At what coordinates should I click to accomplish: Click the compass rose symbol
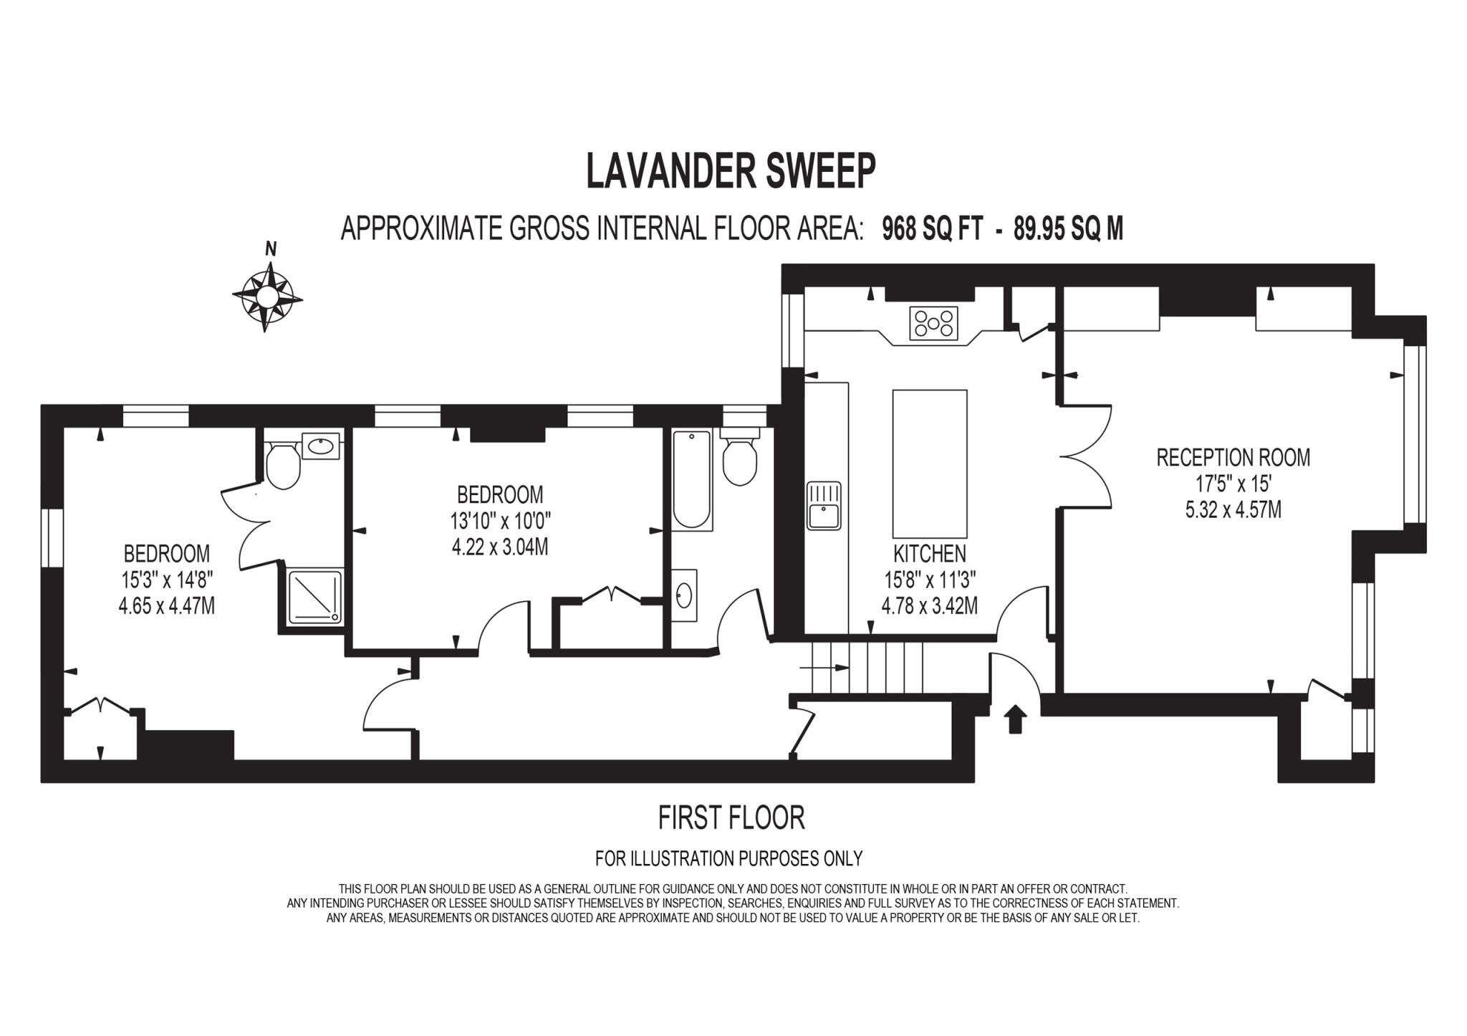coord(267,296)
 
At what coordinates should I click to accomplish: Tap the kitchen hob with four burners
coord(933,323)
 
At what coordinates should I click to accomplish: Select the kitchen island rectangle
coord(930,464)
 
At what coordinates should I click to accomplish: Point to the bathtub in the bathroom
coord(692,479)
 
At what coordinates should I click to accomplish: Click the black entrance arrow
coord(1015,719)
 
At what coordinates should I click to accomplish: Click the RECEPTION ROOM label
coord(1233,458)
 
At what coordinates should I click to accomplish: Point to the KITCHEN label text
coord(929,554)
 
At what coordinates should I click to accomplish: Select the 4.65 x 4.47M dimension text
coord(166,606)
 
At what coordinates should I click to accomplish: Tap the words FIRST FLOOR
coord(731,817)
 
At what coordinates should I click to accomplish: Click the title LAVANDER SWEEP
coord(731,171)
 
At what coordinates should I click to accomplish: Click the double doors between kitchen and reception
coord(1086,457)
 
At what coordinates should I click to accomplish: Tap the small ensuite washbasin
coord(321,446)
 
